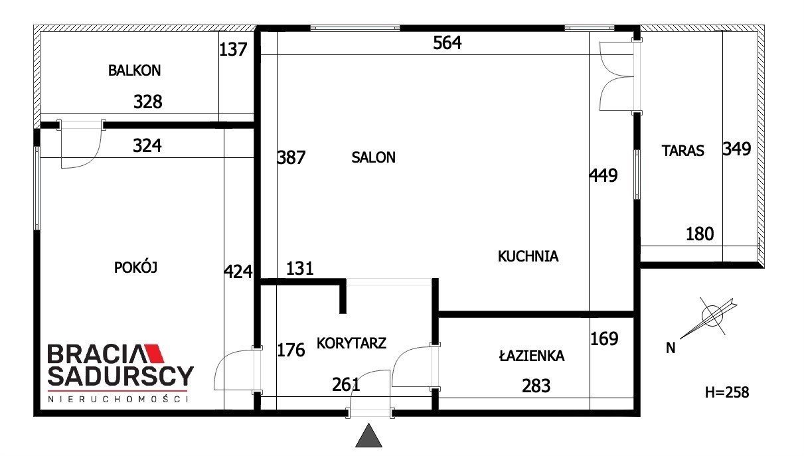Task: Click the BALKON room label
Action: point(134,70)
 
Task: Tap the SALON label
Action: point(373,157)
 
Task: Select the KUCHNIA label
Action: point(528,256)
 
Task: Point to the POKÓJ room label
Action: point(135,267)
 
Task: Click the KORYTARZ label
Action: point(351,343)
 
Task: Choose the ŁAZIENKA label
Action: point(532,356)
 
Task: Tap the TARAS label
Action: point(683,151)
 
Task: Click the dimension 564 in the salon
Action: point(447,42)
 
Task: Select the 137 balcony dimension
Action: point(233,50)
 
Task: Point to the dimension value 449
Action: point(603,175)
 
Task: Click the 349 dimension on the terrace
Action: point(736,149)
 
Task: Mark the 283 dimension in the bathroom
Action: point(536,386)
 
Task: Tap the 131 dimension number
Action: point(299,268)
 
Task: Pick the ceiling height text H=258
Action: point(727,392)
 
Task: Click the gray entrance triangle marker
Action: point(368,435)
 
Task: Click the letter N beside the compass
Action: point(671,348)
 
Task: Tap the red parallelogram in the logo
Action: point(154,353)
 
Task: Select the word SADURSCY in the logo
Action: point(121,376)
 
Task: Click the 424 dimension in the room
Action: point(238,271)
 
